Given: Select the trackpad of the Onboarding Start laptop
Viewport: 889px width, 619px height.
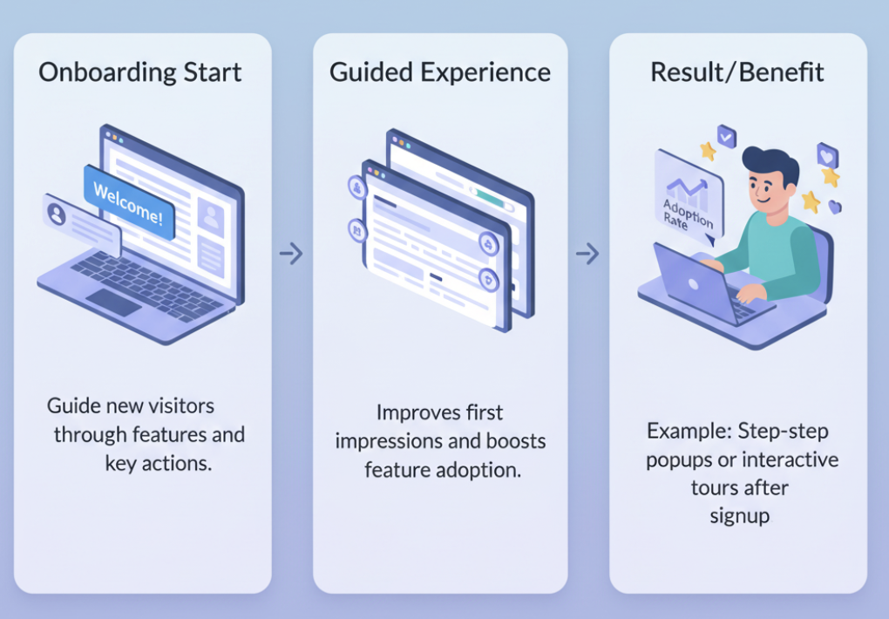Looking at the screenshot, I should coord(113,303).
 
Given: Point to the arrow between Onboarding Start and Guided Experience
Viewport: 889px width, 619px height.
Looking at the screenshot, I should coord(290,254).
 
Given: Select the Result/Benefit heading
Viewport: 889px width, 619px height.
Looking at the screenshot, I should coord(736,71).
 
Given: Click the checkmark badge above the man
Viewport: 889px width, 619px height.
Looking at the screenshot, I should coord(726,136).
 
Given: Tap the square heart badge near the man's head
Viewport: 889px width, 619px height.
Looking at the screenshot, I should coord(826,156).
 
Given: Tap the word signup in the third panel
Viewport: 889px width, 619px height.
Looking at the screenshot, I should coord(739,515).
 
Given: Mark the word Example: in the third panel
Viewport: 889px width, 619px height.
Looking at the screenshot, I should coord(689,431).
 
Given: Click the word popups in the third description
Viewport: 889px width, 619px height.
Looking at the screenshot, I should coord(677,459).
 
